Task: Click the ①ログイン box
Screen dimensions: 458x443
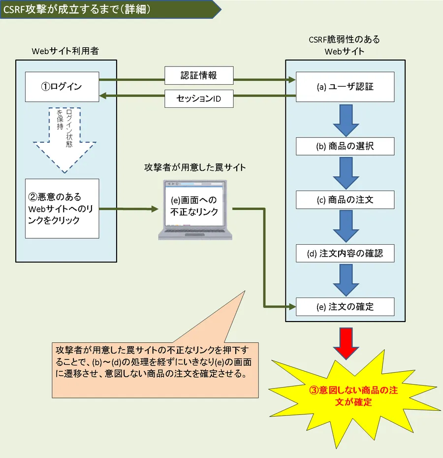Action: pos(62,87)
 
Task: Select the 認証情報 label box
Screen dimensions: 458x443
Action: pos(198,75)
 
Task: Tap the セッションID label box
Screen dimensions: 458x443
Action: pos(198,99)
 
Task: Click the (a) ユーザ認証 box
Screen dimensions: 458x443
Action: pos(345,87)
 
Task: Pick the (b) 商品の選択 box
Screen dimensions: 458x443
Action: pos(345,146)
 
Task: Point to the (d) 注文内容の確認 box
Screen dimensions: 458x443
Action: pos(345,253)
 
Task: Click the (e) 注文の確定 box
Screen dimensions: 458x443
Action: pos(345,306)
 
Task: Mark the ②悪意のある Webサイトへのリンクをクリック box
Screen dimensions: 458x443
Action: pos(62,208)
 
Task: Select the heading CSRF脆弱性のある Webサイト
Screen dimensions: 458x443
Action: pos(345,45)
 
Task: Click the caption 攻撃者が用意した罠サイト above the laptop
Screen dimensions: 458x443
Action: pos(195,167)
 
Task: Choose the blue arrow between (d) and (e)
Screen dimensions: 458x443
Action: pos(345,280)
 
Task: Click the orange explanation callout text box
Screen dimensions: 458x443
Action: pos(155,369)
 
